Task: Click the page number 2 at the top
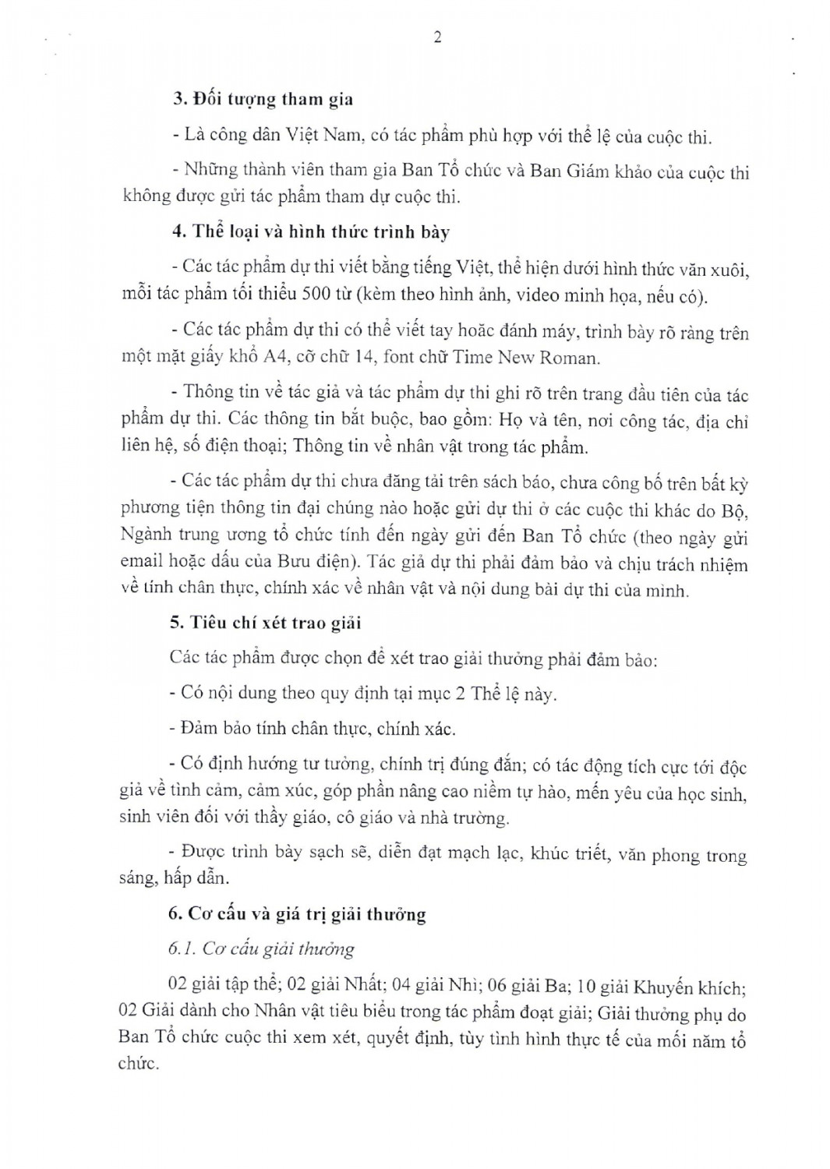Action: click(x=437, y=37)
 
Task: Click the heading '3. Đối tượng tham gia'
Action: click(x=263, y=99)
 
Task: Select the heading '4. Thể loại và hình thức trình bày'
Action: click(x=310, y=231)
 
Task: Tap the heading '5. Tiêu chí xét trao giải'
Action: click(x=265, y=623)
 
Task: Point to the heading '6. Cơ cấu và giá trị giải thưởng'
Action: click(x=297, y=913)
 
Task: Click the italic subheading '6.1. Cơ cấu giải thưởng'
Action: click(x=261, y=948)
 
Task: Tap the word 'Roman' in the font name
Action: click(x=571, y=358)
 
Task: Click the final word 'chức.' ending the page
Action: click(x=139, y=1063)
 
